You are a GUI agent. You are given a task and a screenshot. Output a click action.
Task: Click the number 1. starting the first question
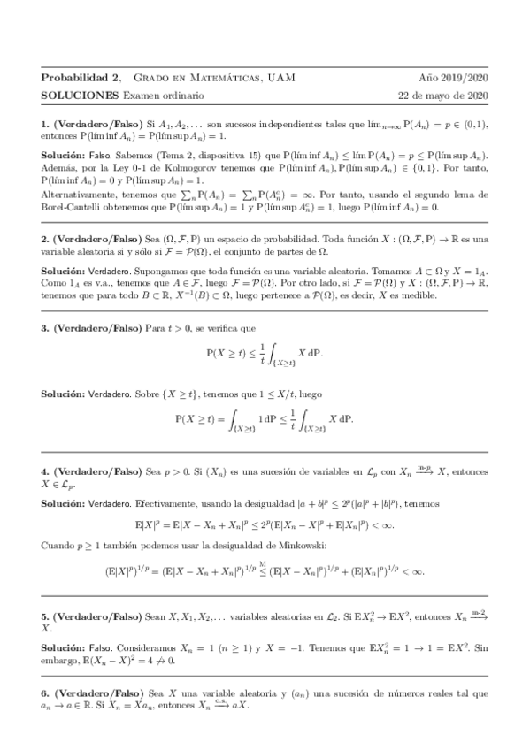(x=46, y=126)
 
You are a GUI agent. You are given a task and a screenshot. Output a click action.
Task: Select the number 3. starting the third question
(x=46, y=327)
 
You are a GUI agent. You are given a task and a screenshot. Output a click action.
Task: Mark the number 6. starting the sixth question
(x=46, y=694)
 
